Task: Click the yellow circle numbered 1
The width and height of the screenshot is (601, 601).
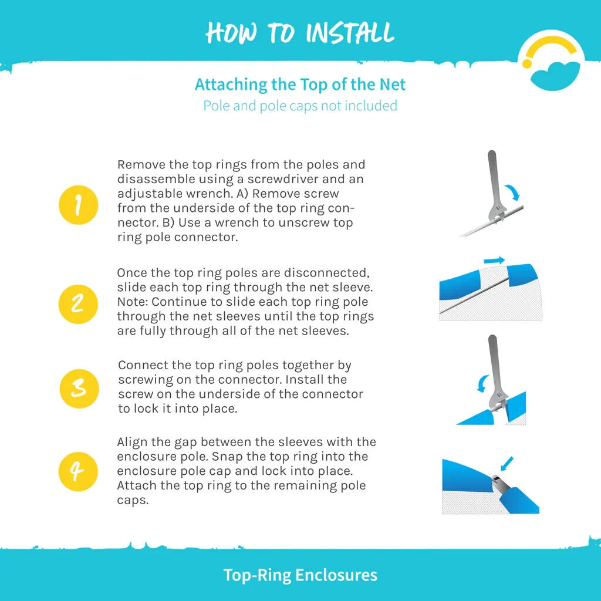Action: tap(79, 205)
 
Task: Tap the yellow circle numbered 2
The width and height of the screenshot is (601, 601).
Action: tap(78, 305)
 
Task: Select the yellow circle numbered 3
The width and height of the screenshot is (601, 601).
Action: tap(79, 389)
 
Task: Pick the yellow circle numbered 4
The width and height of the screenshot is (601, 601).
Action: tap(78, 471)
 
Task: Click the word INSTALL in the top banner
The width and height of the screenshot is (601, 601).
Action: tap(350, 33)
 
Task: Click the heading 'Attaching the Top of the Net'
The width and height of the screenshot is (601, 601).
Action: tap(300, 85)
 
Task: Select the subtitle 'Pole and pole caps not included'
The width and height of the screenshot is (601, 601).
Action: tap(300, 106)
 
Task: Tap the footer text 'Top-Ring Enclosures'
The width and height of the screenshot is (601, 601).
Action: tap(300, 575)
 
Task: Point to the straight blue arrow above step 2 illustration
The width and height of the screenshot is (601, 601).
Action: tap(494, 260)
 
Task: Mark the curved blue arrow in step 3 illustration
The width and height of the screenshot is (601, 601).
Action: tap(482, 383)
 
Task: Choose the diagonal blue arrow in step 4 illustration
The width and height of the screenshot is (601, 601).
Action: tap(507, 464)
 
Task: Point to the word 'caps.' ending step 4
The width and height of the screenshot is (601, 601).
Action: tap(133, 500)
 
